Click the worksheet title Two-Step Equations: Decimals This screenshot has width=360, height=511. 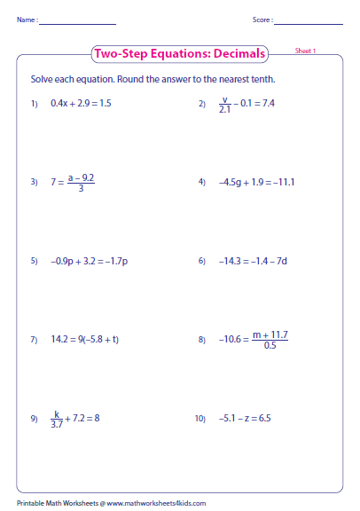pyautogui.click(x=179, y=54)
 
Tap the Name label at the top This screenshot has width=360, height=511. pyautogui.click(x=26, y=20)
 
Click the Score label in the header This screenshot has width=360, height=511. pyautogui.click(x=262, y=20)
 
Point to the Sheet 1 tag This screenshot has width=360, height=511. pyautogui.click(x=306, y=51)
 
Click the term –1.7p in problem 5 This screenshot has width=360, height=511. pyautogui.click(x=116, y=261)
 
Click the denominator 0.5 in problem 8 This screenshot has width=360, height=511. pyautogui.click(x=270, y=345)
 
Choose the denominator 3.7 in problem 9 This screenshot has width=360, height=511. pyautogui.click(x=57, y=423)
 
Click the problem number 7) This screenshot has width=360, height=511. pyautogui.click(x=34, y=340)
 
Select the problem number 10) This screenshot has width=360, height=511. pyautogui.click(x=202, y=418)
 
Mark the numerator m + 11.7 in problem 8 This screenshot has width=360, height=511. pyautogui.click(x=270, y=334)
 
